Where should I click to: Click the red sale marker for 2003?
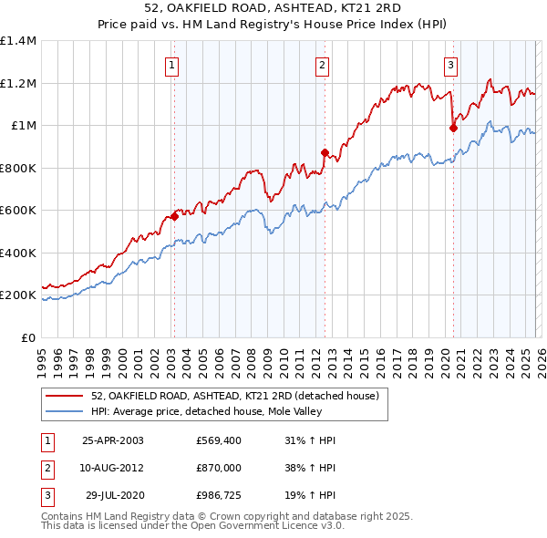[174, 217]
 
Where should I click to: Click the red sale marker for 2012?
[324, 152]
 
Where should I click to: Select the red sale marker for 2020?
[452, 129]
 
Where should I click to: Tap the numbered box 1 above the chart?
[172, 64]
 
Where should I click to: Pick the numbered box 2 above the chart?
[323, 64]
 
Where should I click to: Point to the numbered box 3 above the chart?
[450, 64]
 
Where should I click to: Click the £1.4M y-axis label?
[18, 41]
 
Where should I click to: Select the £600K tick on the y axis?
[18, 211]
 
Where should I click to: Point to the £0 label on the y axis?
[29, 337]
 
